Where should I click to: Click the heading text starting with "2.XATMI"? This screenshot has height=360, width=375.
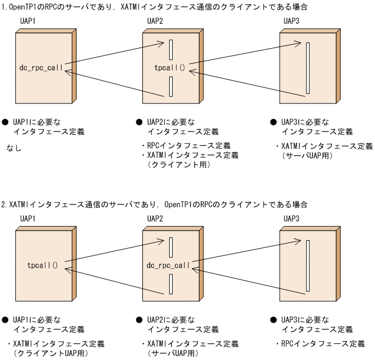154,204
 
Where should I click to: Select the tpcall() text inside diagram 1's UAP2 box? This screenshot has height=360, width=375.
169,68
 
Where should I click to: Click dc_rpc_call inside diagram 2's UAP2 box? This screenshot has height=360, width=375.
168,264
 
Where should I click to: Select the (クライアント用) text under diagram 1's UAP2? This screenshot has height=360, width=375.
178,165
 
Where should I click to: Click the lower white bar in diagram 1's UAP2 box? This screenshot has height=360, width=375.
170,86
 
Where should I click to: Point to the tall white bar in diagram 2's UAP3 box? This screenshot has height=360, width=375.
307,265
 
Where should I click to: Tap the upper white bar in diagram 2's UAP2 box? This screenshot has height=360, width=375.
170,247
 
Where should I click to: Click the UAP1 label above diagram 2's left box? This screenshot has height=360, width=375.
28,219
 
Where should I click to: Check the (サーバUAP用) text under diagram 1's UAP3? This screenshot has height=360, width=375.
308,156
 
